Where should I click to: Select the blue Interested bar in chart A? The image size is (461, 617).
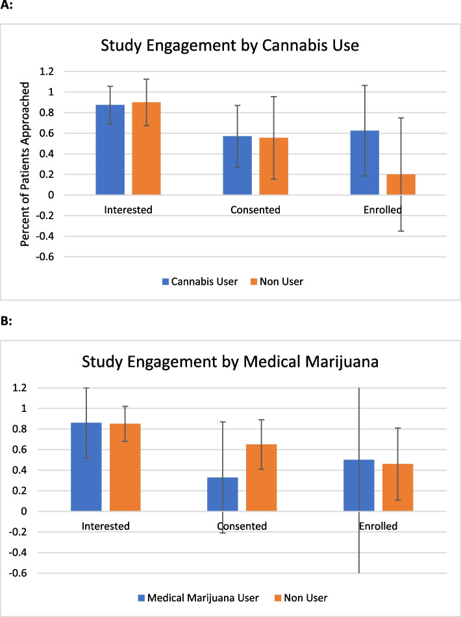[x=110, y=150]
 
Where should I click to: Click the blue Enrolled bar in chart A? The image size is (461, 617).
[x=364, y=163]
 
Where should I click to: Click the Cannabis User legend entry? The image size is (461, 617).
[x=201, y=282]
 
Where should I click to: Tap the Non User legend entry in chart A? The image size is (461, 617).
[x=285, y=282]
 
